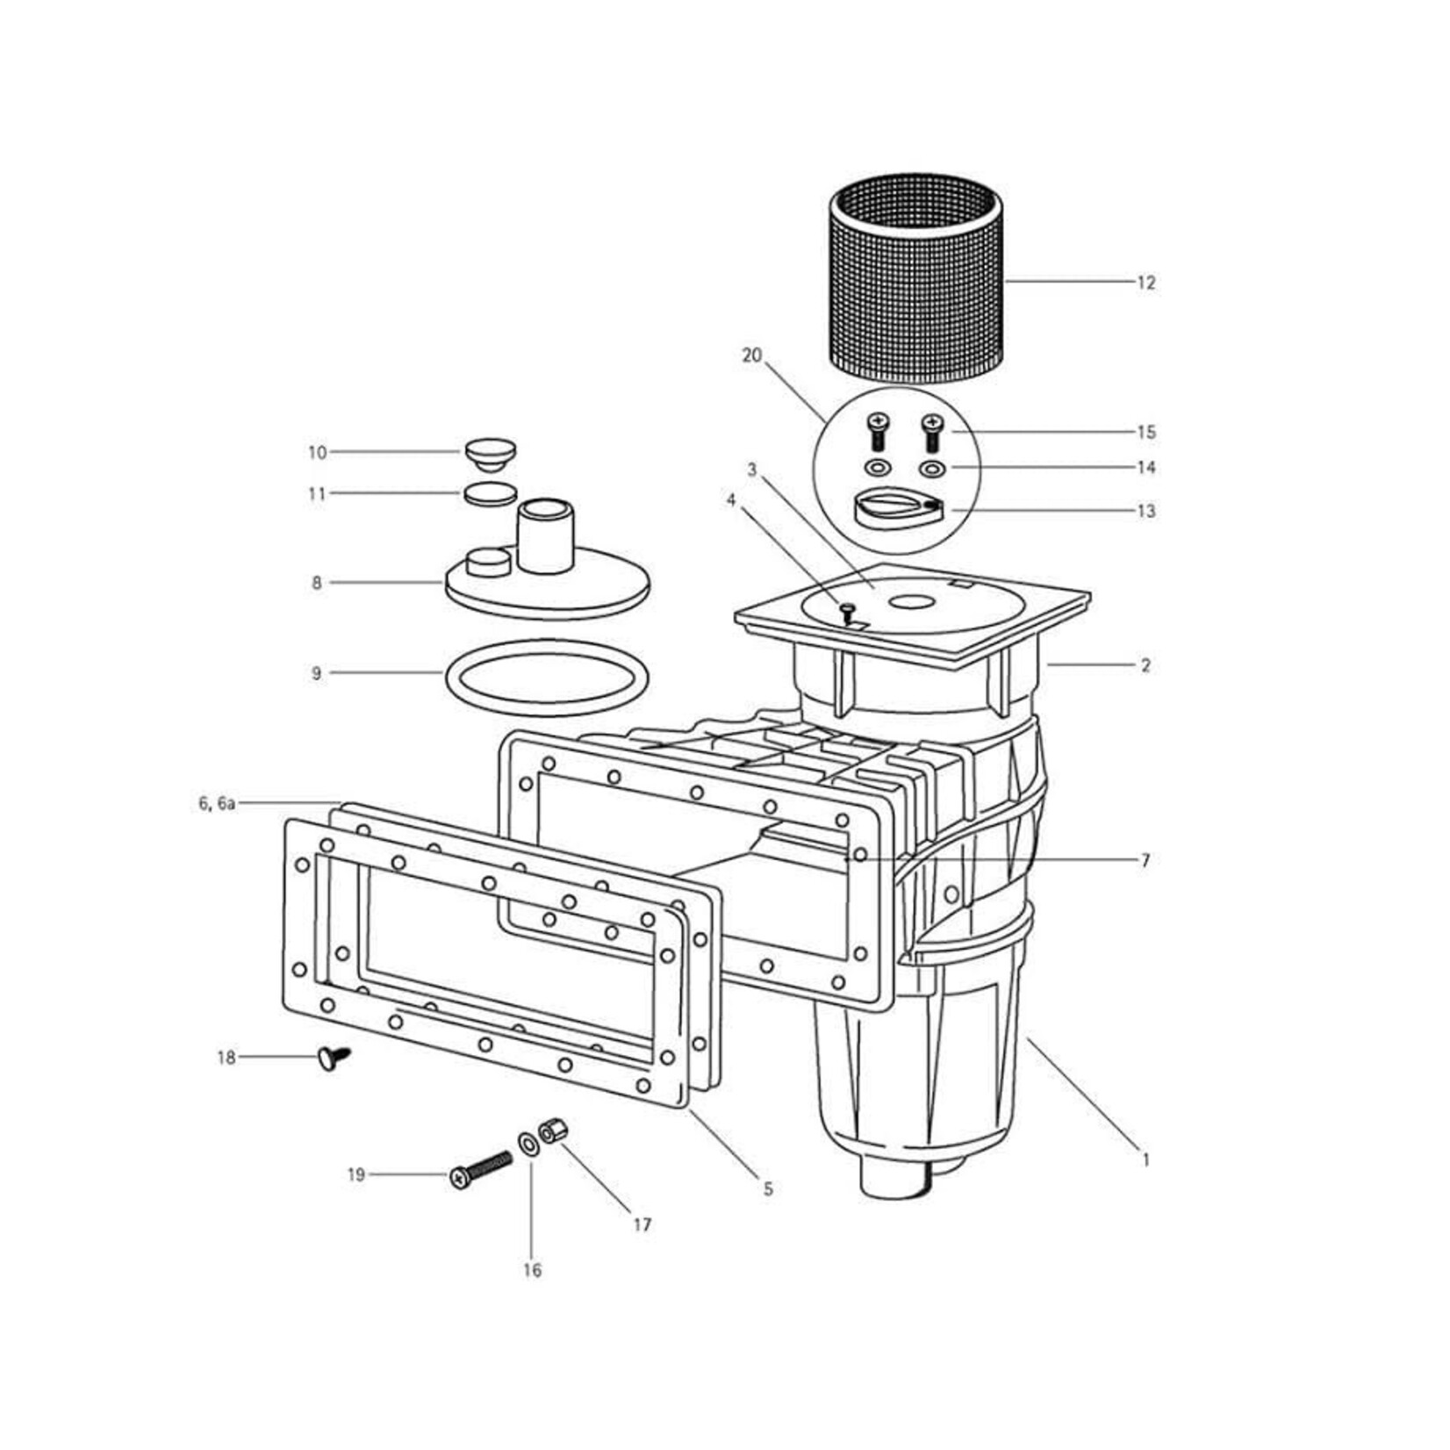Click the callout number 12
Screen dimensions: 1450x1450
pyautogui.click(x=1146, y=283)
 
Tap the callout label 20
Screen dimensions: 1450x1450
pyautogui.click(x=752, y=355)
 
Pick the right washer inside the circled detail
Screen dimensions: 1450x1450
pyautogui.click(x=932, y=468)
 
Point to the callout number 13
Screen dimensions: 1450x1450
pyautogui.click(x=1146, y=511)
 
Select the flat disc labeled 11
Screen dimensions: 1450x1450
pyautogui.click(x=490, y=494)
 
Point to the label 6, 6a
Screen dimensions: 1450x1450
pyautogui.click(x=217, y=803)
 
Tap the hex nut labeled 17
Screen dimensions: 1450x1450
pyautogui.click(x=554, y=1131)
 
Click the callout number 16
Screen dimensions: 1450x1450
pyautogui.click(x=532, y=1270)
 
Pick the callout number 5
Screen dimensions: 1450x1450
pyautogui.click(x=768, y=1189)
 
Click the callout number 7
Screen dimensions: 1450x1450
pyautogui.click(x=1145, y=860)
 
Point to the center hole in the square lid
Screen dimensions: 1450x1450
pyautogui.click(x=913, y=602)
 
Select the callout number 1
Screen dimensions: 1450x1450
pyautogui.click(x=1145, y=1159)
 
